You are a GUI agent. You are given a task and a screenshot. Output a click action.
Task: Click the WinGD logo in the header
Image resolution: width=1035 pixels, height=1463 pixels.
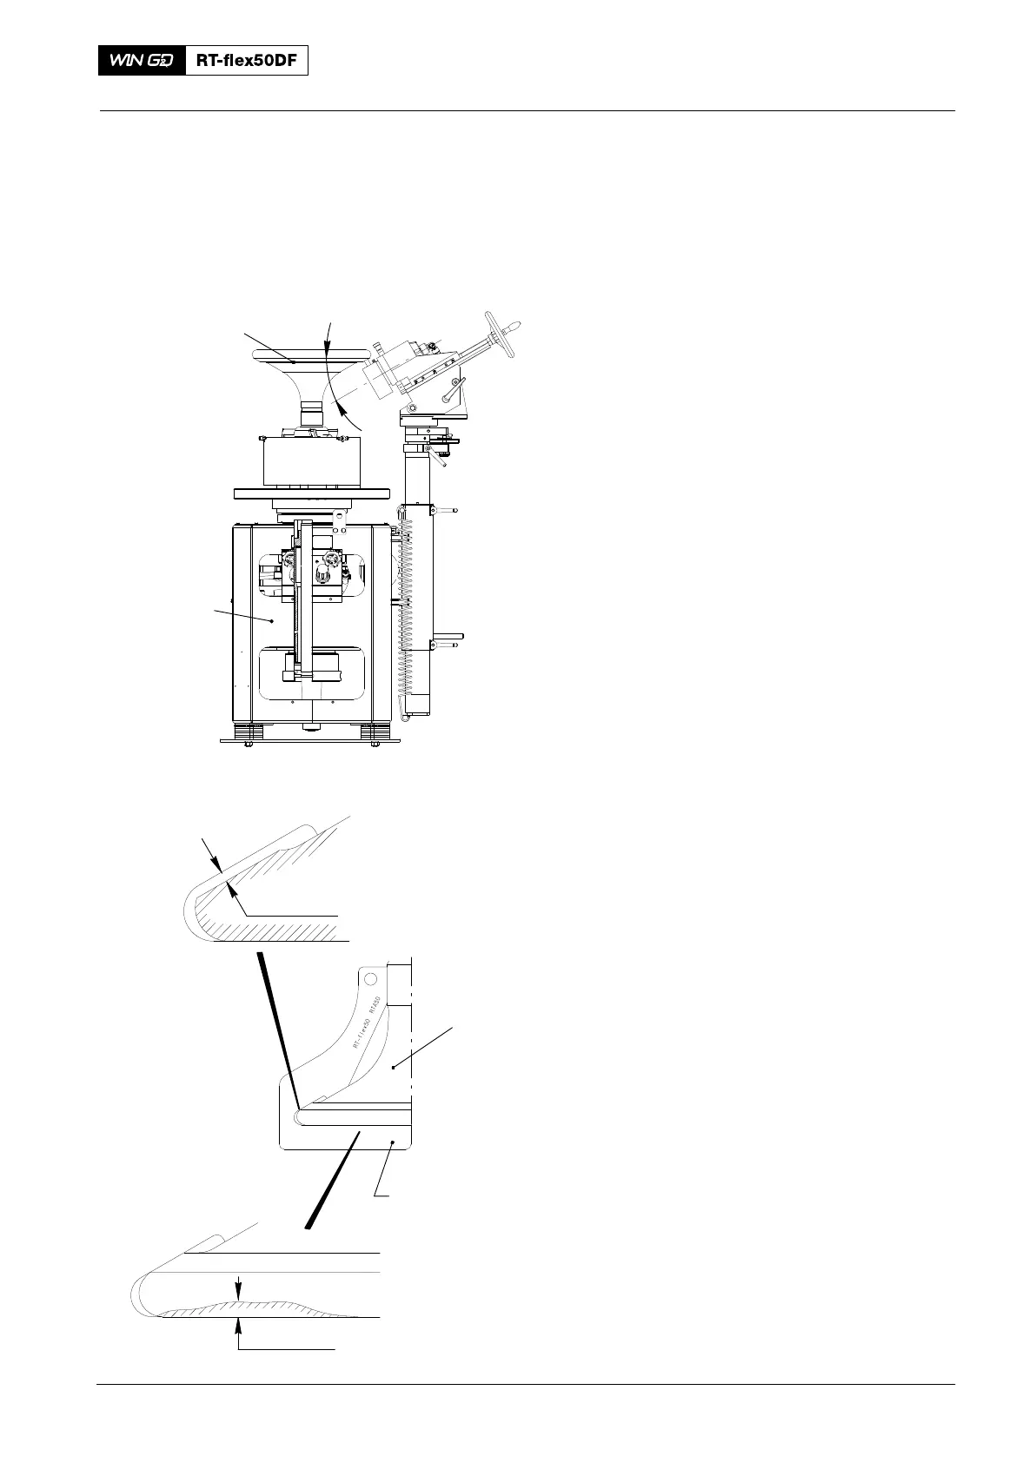click(142, 60)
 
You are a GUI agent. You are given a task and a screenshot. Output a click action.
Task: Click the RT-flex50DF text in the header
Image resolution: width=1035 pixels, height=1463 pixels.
click(247, 60)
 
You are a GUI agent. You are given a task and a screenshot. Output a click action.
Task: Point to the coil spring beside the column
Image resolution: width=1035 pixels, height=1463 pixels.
click(401, 608)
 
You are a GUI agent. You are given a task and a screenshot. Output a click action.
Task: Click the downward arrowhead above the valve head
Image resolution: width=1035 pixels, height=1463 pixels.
click(328, 348)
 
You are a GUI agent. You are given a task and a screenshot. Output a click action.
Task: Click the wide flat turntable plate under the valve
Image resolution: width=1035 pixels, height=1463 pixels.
click(312, 493)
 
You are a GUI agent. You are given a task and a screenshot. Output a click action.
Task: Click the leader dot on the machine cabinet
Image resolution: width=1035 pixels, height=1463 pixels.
click(272, 620)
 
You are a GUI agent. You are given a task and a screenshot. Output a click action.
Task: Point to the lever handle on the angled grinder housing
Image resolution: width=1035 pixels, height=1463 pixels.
click(450, 391)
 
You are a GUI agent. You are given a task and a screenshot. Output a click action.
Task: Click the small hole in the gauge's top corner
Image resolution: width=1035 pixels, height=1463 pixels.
click(370, 978)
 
